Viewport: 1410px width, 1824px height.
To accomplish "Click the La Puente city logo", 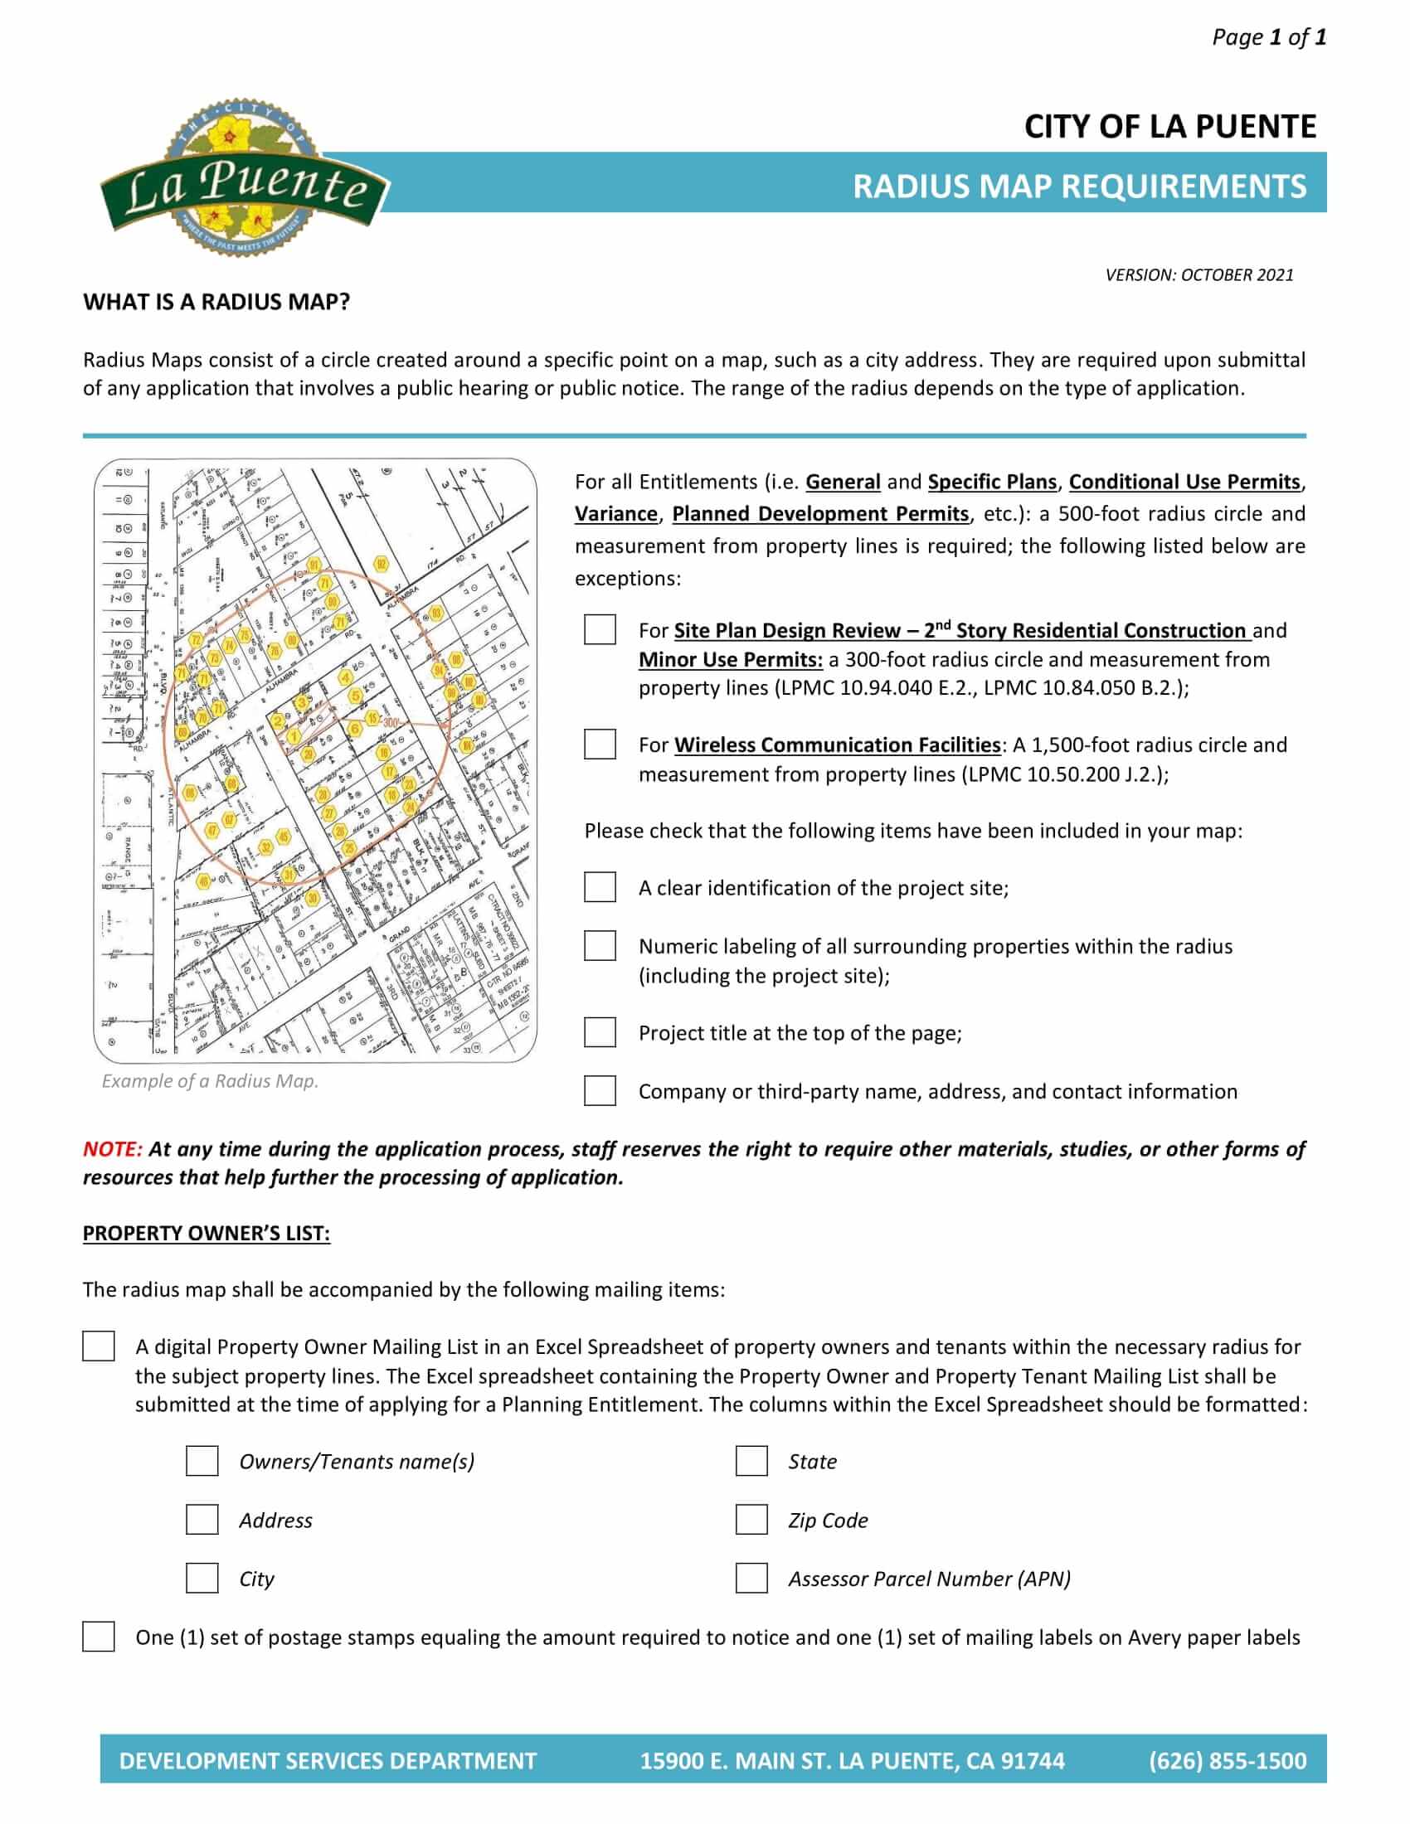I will [x=244, y=180].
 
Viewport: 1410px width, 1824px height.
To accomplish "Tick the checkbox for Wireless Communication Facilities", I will [x=600, y=744].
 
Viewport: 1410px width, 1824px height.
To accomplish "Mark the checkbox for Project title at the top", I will [x=600, y=1032].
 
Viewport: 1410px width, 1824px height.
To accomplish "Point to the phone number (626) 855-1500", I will [x=1227, y=1760].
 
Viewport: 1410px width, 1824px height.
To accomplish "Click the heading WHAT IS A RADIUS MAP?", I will [x=216, y=303].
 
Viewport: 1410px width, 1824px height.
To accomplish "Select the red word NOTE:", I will [x=113, y=1149].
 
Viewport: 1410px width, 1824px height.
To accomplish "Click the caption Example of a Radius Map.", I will [x=211, y=1080].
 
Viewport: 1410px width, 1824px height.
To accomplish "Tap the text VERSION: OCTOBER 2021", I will [x=1198, y=274].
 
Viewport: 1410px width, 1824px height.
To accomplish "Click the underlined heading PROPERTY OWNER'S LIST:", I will [x=207, y=1234].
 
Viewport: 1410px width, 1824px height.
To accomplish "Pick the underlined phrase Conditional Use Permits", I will [x=1184, y=482].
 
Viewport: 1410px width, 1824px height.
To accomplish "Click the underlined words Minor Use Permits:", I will [x=731, y=660].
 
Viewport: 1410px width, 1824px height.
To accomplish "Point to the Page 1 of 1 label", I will [x=1268, y=36].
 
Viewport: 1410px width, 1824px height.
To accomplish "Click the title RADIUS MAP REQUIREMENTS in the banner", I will [x=1078, y=186].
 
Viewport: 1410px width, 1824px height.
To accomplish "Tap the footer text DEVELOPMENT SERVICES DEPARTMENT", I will [x=328, y=1760].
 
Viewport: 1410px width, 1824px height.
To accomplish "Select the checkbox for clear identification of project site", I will [x=600, y=887].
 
